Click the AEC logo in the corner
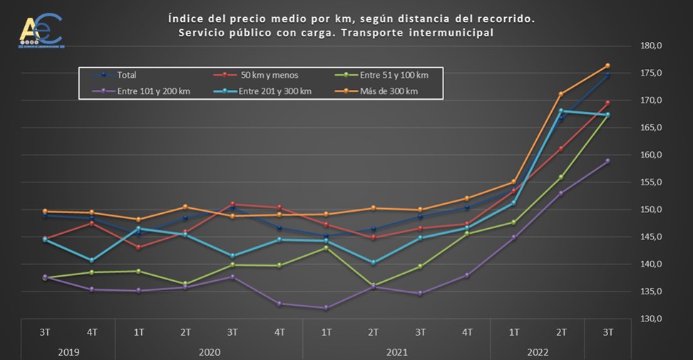[41, 31]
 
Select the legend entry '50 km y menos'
[268, 75]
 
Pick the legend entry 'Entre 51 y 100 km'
[393, 75]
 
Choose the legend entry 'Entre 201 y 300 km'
[275, 91]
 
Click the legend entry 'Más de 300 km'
[389, 91]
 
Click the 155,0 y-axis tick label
[652, 182]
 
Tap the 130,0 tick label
[652, 319]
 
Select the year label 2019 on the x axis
[68, 352]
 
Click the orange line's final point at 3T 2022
[607, 66]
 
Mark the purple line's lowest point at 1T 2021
[326, 308]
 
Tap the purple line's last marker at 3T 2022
[607, 161]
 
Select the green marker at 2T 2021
[373, 285]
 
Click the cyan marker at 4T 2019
[91, 260]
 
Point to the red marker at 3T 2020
[232, 204]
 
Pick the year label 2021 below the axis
[396, 352]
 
